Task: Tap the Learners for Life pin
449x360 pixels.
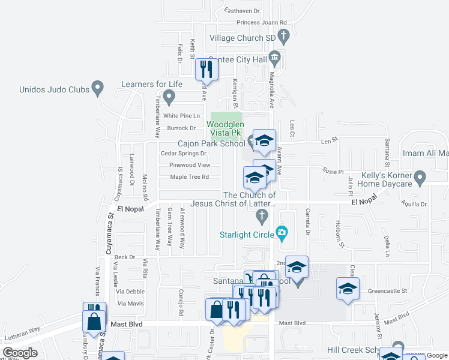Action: click(169, 96)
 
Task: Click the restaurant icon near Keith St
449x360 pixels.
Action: click(207, 70)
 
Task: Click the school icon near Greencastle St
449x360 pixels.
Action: click(348, 289)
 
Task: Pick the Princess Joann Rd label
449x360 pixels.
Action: click(262, 22)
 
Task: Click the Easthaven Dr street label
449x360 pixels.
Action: click(242, 11)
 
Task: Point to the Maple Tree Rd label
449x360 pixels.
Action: click(189, 177)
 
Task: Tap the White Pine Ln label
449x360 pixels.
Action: click(181, 116)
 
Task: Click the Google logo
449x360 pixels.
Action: click(20, 353)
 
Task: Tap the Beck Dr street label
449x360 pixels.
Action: click(125, 257)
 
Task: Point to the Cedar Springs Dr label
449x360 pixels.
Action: click(184, 153)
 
